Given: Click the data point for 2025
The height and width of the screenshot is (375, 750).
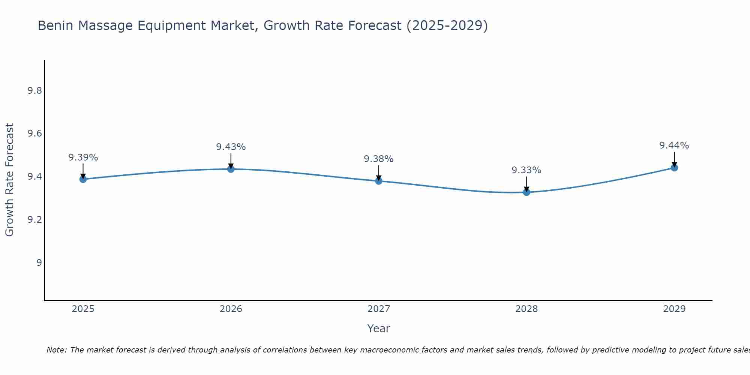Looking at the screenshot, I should point(83,179).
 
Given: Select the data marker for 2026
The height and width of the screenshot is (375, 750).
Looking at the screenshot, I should point(231,169).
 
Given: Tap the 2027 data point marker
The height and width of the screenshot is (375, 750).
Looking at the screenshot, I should point(379,181).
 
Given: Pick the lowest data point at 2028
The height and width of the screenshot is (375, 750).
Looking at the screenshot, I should point(526,192).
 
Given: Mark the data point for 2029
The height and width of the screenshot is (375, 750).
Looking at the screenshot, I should point(674,168).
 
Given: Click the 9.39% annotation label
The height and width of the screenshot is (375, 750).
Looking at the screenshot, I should point(83,157).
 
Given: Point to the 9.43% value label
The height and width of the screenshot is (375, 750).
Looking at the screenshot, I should point(231,147).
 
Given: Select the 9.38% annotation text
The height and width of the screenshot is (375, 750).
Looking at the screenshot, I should point(379,159).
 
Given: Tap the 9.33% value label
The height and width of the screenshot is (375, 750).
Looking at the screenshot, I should point(526,170).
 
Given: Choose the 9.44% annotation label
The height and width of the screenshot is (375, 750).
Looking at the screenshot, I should point(674,145).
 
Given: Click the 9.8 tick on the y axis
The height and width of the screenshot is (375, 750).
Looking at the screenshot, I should point(34,91).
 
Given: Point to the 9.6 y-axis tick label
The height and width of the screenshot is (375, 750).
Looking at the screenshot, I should point(34,134).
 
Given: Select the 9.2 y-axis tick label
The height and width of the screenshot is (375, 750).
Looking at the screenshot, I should point(34,219).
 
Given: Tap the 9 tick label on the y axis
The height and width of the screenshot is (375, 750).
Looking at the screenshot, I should point(39,262).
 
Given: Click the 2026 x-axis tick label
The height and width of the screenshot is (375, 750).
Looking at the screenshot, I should point(231,309).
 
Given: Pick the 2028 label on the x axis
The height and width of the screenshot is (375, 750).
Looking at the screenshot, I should point(526,309).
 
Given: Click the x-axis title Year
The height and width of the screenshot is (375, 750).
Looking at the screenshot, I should point(379,328).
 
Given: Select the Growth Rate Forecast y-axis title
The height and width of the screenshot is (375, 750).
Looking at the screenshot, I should point(10,180).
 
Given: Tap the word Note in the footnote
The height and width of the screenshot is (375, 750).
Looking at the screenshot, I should point(56,350).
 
